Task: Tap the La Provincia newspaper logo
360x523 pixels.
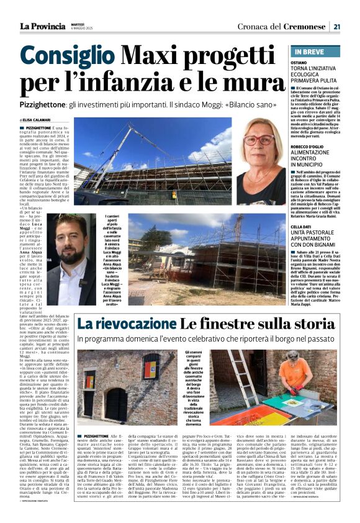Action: pyautogui.click(x=42, y=26)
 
